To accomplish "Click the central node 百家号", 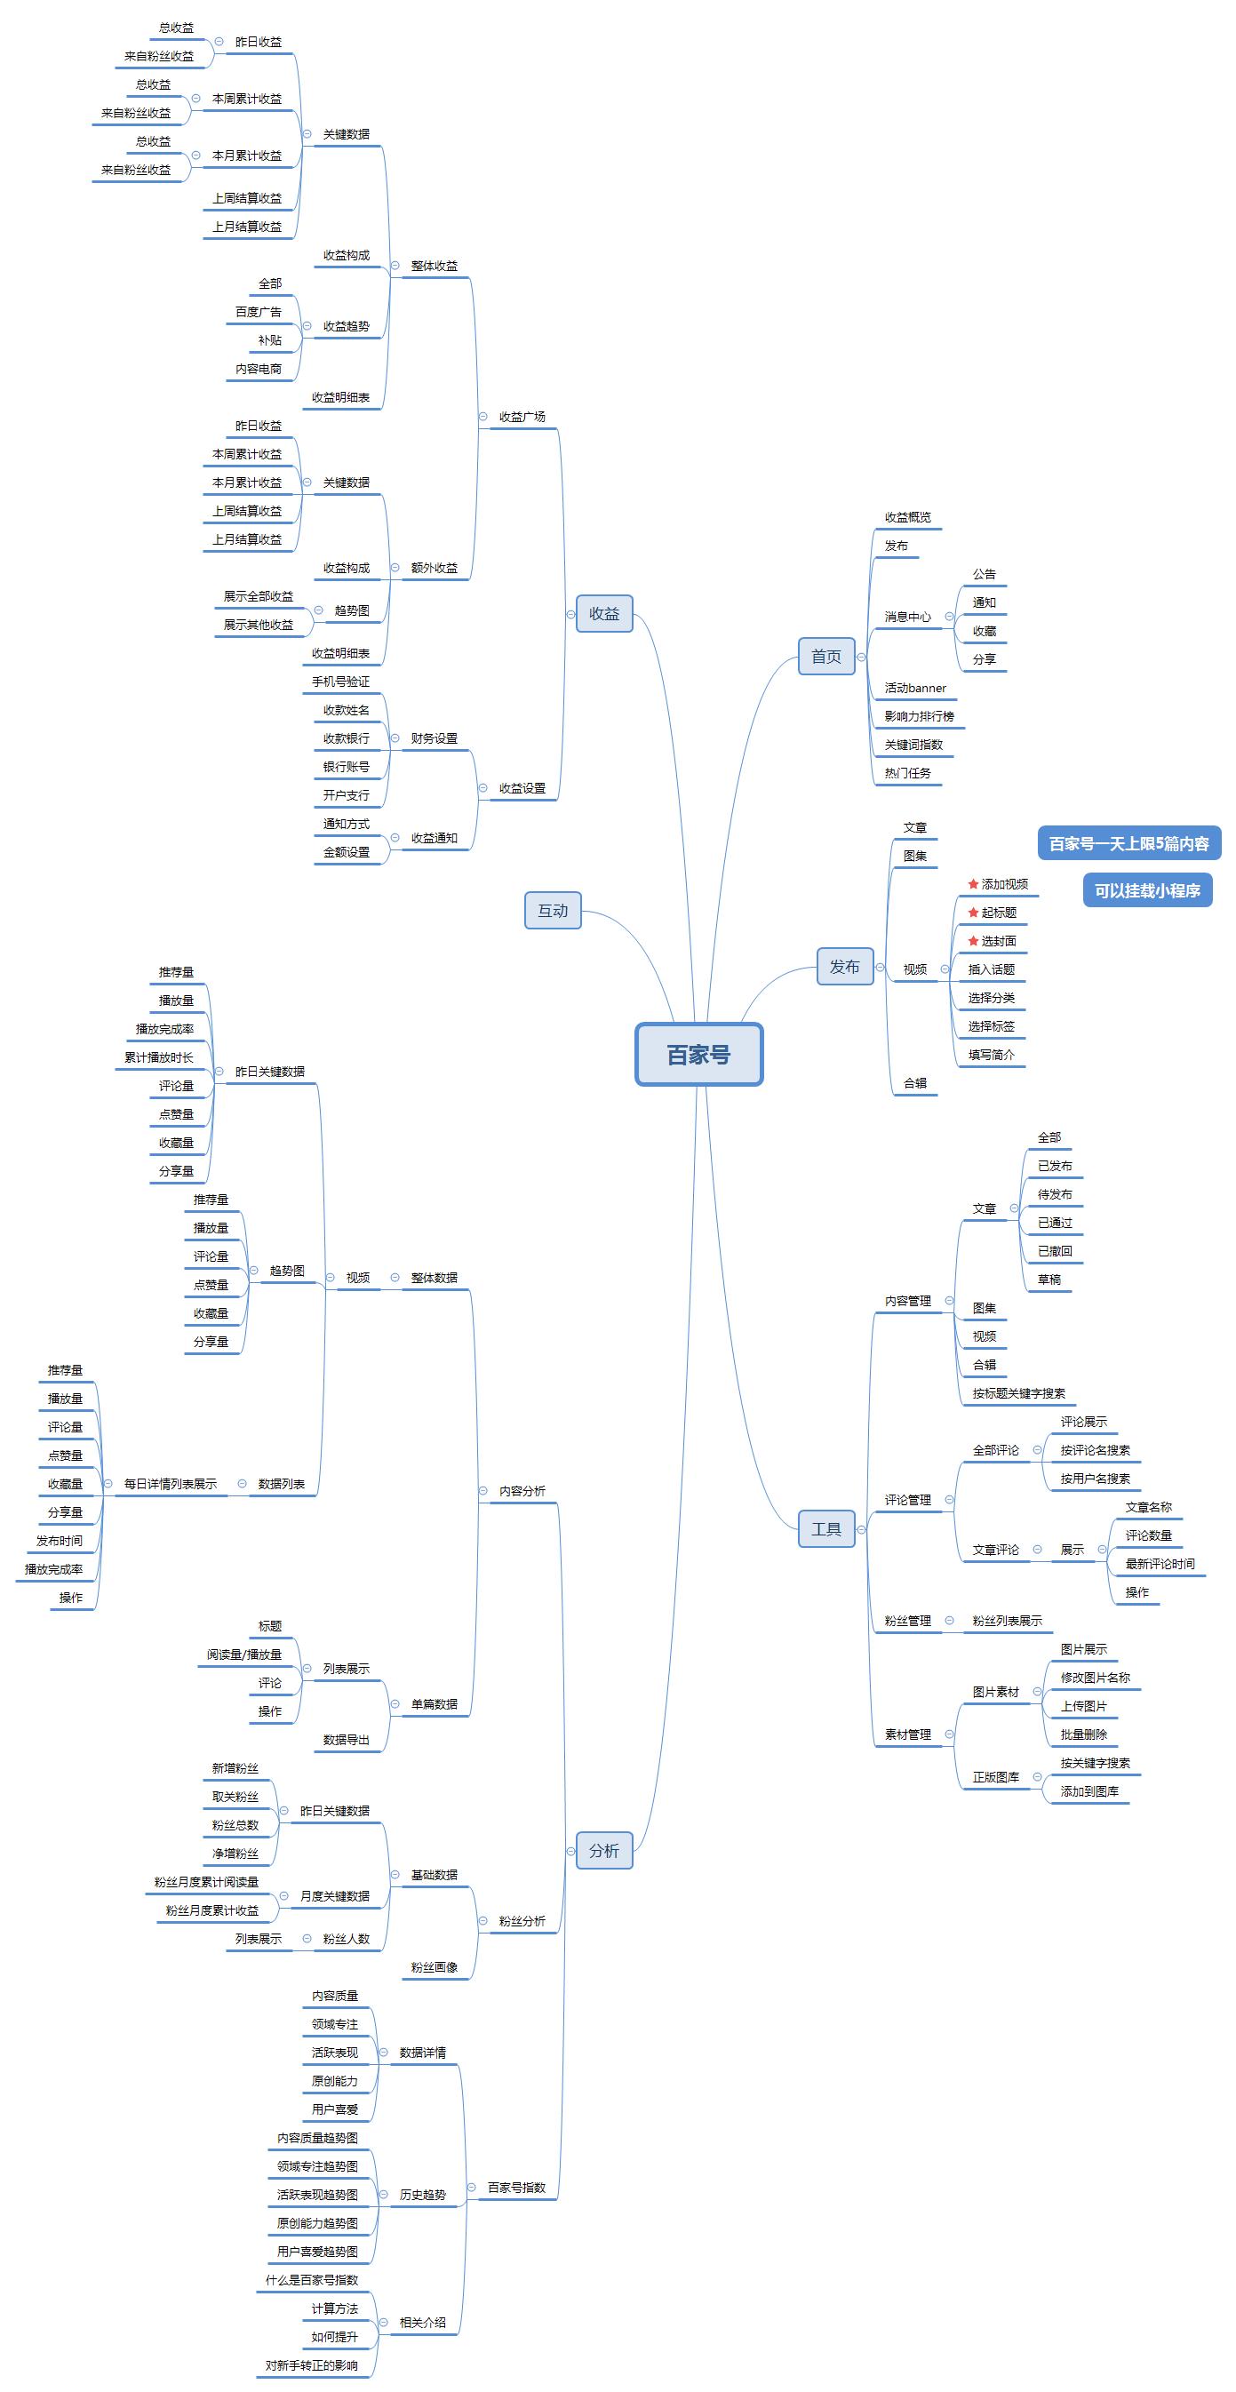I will click(x=698, y=1054).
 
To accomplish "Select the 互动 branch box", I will click(x=553, y=910).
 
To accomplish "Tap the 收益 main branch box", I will click(x=603, y=613).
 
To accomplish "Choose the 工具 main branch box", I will click(x=825, y=1528).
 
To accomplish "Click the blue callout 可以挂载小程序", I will click(x=1147, y=890).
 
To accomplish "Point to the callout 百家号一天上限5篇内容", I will click(x=1128, y=843).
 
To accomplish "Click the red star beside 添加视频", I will click(x=973, y=884).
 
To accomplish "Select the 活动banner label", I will click(x=914, y=688).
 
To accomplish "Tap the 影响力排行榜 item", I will click(x=919, y=716).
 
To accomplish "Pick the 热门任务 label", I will click(x=907, y=772).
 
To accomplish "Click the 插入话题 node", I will click(x=991, y=969).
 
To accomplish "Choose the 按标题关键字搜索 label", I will click(x=1018, y=1393).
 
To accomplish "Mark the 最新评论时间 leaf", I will click(x=1160, y=1564).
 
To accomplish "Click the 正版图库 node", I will click(x=995, y=1777).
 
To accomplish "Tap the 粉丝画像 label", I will click(x=434, y=1966).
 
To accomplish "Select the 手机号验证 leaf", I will click(x=341, y=682).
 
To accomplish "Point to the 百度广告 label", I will click(x=259, y=312).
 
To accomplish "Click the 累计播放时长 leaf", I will click(x=159, y=1056).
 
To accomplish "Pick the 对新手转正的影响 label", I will click(x=311, y=2365).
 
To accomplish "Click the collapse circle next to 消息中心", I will click(x=949, y=617).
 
